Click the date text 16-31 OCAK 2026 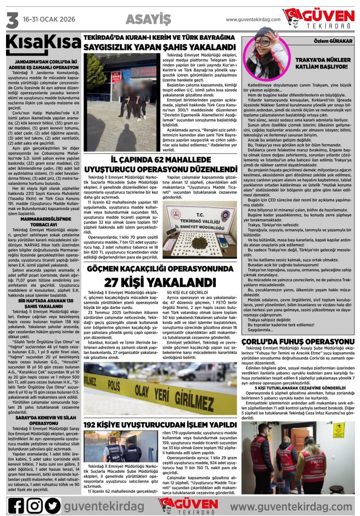pyautogui.click(x=48, y=20)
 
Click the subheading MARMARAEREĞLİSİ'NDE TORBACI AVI pyautogui.click(x=42, y=222)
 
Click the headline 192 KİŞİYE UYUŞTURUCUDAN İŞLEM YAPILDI pyautogui.click(x=160, y=424)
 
